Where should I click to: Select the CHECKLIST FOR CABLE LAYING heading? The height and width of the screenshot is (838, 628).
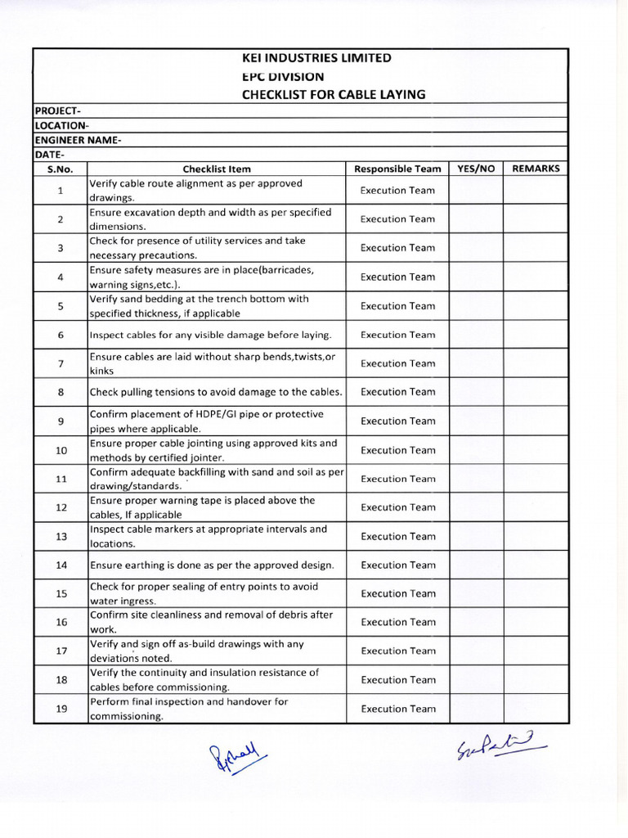point(334,94)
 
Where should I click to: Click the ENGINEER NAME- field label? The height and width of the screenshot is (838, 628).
point(78,140)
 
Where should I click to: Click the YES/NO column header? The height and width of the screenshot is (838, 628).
point(476,169)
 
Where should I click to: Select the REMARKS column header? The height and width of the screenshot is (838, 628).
point(536,169)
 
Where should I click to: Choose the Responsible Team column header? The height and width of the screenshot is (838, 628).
point(397,169)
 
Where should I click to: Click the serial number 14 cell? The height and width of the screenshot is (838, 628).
point(61,565)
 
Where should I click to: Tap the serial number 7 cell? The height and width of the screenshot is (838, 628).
point(61,363)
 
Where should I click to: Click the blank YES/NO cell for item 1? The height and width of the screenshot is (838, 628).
point(476,191)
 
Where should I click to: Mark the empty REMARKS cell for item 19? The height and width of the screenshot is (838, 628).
point(536,709)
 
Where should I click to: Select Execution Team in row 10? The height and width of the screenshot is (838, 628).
point(397,450)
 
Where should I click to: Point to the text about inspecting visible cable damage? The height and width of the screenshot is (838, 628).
point(211,335)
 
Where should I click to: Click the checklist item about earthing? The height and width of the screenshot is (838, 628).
point(212,565)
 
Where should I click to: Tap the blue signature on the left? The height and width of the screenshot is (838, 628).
point(238,755)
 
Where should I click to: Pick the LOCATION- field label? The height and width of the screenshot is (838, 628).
point(61,125)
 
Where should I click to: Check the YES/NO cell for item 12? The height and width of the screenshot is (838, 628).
point(476,507)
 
